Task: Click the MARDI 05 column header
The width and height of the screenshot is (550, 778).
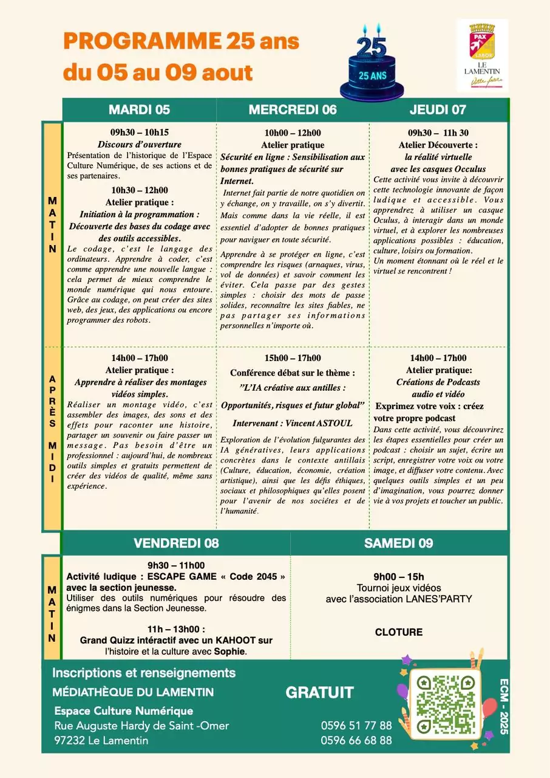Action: (x=139, y=109)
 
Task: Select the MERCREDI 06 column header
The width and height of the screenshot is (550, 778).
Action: (x=292, y=109)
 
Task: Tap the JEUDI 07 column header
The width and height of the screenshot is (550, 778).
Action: (x=438, y=109)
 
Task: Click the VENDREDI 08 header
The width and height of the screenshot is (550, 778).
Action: (x=176, y=543)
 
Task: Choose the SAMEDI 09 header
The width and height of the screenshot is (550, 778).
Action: (x=398, y=543)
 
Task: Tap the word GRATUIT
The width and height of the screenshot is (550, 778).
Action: (x=319, y=693)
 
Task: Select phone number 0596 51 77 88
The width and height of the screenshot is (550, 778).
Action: (x=356, y=725)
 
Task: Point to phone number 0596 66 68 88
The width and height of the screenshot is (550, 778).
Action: (x=356, y=740)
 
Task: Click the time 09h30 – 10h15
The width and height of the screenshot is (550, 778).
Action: (x=139, y=133)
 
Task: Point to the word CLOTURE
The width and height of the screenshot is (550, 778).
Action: (x=398, y=632)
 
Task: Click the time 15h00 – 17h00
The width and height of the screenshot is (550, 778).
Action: (x=293, y=358)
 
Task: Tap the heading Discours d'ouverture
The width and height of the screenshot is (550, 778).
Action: (x=140, y=144)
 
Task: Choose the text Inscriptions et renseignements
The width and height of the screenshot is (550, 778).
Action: (x=144, y=673)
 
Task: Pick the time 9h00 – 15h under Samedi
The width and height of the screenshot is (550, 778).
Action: (x=398, y=577)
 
